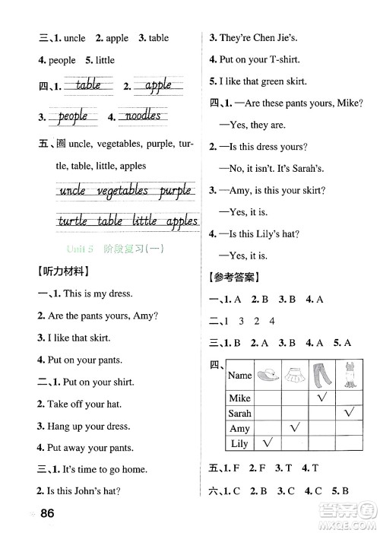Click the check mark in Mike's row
click(x=321, y=397)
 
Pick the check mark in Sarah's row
click(x=350, y=412)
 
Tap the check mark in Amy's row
click(x=295, y=427)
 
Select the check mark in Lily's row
click(x=268, y=443)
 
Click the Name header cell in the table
click(x=239, y=375)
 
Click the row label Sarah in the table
click(x=239, y=413)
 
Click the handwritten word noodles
click(x=141, y=116)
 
